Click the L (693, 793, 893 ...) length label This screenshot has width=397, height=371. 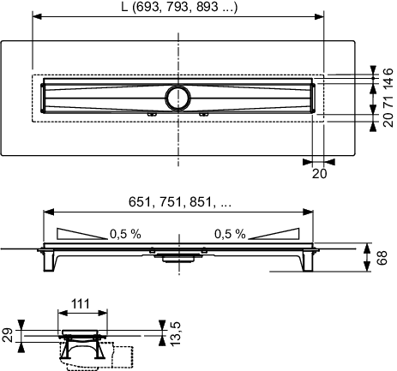coord(179,7)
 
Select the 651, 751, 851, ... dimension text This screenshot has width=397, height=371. coord(180,202)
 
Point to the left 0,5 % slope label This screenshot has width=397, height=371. coord(125,234)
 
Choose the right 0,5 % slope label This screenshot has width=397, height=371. coord(230,234)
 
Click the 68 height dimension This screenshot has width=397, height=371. coord(382,257)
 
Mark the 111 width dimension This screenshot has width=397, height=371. coord(81,304)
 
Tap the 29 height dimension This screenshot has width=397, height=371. coord(8,335)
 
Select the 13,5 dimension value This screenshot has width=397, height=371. coord(175,333)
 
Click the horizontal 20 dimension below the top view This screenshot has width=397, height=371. coord(319,174)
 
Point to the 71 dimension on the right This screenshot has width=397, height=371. coord(388,101)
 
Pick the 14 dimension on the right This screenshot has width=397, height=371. coord(388,83)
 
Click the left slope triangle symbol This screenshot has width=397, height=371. coord(81,234)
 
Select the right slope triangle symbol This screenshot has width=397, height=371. coord(274,234)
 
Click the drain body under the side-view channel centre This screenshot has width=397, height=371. coord(178,257)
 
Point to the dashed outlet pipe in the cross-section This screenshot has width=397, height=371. coord(123,356)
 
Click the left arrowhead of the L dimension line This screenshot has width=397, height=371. coord(38,16)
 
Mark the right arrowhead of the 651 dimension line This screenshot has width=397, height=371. coord(308,212)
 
